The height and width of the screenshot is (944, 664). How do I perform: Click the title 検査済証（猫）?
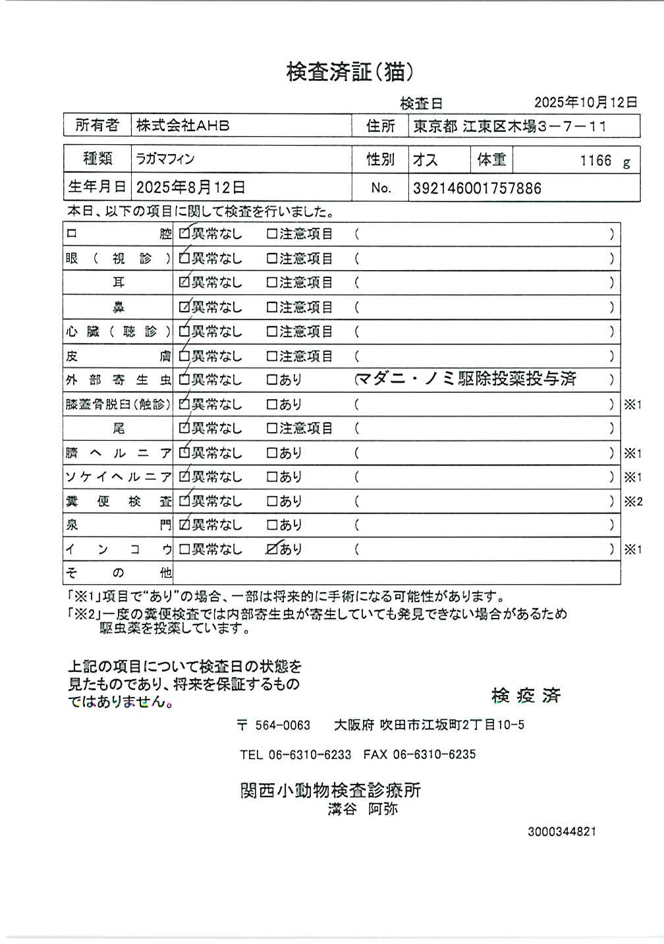pos(350,72)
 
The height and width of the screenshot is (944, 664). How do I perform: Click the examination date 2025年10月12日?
pos(585,102)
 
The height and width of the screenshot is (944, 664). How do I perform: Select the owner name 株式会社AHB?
pos(183,125)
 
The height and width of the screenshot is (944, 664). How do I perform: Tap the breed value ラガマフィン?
pos(165,159)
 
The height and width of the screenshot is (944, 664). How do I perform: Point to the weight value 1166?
pos(595,161)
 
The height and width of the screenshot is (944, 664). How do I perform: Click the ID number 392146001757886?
pos(477,188)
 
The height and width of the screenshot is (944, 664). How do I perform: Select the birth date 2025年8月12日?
pos(191,188)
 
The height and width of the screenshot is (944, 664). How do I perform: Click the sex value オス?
pos(425,160)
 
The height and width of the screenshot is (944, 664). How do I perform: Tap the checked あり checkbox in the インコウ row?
pos(272,549)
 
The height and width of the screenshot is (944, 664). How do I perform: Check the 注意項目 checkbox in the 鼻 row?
pos(271,308)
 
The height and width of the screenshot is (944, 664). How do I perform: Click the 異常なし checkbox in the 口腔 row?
pos(184,234)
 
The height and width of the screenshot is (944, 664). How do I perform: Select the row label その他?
pos(118,573)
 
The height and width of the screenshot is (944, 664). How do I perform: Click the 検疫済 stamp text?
pos(526,696)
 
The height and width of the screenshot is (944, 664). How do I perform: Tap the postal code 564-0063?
pos(282,725)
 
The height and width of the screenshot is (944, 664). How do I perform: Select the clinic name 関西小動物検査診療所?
pos(330,791)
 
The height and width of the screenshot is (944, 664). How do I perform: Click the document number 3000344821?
pos(561,832)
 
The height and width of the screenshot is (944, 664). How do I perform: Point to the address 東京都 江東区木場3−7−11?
pos(509,126)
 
